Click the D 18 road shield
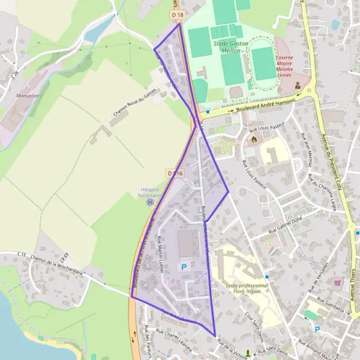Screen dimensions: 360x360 click(176, 14)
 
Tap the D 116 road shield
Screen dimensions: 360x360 click(175, 173)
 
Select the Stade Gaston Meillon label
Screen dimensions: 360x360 click(227, 47)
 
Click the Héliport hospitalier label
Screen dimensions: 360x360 click(149, 192)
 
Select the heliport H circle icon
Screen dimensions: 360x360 click(149, 202)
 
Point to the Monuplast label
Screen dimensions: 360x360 click(28, 95)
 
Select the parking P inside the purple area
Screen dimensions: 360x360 click(184, 266)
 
